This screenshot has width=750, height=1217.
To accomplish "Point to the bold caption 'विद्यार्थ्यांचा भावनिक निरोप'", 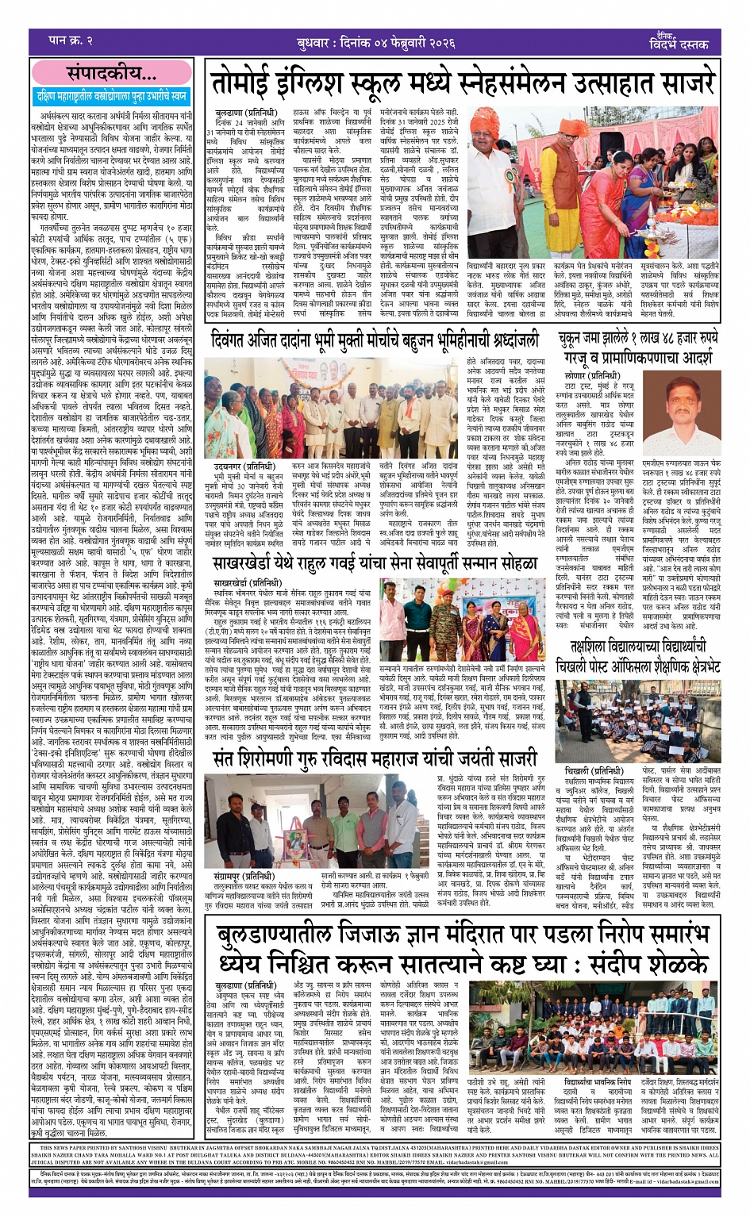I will click(598, 1082).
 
